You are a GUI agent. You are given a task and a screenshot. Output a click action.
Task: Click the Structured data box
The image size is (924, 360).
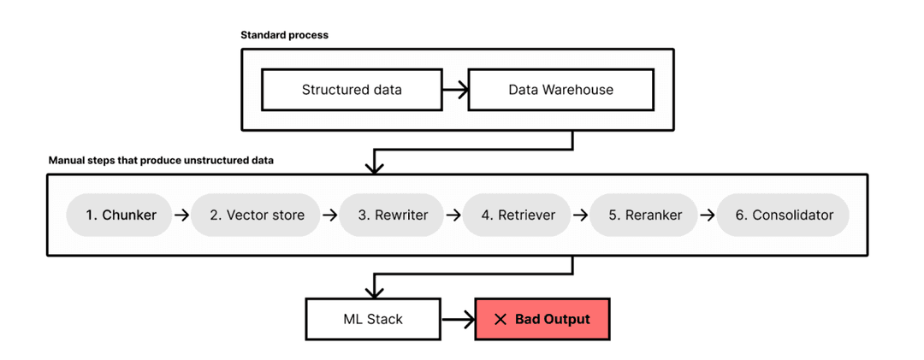click(352, 90)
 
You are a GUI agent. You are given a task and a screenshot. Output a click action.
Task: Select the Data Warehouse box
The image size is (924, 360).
click(560, 90)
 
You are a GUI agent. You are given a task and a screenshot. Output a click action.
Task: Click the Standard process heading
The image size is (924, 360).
click(284, 35)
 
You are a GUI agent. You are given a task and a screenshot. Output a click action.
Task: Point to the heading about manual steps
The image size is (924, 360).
click(161, 160)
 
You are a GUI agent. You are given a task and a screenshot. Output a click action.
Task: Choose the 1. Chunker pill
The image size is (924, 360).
click(121, 215)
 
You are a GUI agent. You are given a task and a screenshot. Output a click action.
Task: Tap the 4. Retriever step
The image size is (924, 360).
click(518, 215)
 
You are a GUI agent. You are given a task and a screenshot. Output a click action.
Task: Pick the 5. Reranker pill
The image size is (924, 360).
click(645, 215)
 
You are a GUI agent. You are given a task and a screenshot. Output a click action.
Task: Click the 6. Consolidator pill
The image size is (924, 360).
click(784, 215)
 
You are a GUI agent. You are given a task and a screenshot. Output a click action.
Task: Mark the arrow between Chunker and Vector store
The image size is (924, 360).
click(181, 215)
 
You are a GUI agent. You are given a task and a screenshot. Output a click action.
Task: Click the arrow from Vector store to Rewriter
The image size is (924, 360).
click(329, 215)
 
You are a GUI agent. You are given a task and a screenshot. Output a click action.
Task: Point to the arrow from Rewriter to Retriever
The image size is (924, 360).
click(453, 215)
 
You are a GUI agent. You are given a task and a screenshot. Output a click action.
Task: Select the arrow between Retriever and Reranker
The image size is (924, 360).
click(581, 215)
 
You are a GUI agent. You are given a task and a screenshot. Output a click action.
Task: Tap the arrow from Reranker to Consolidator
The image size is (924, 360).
click(708, 215)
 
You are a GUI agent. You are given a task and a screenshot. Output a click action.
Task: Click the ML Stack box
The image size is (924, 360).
click(373, 319)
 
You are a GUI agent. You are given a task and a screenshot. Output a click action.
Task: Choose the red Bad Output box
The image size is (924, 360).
click(542, 319)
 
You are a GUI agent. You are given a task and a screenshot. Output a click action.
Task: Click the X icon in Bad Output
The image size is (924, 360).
click(500, 320)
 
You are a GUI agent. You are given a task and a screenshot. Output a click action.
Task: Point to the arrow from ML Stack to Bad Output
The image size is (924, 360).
click(458, 320)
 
